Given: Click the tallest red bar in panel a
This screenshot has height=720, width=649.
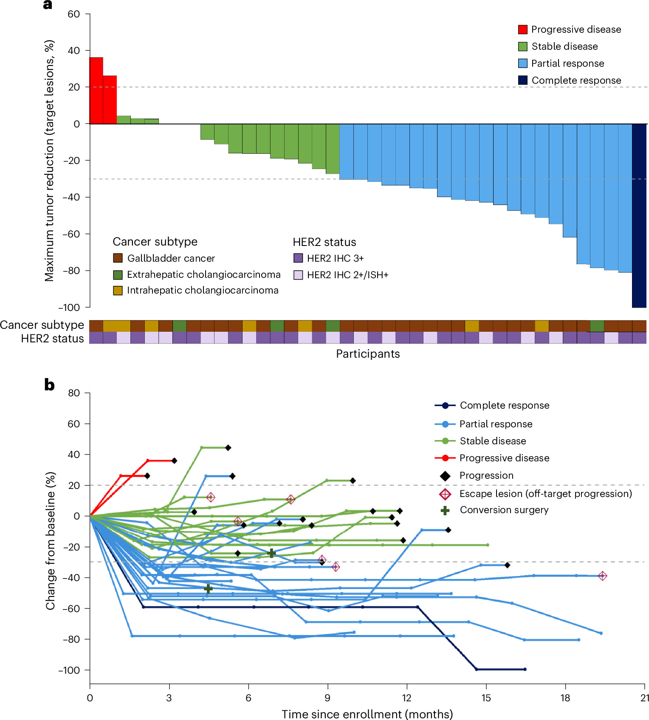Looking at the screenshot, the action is click(x=96, y=90).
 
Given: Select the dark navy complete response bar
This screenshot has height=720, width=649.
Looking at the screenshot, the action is click(x=639, y=215).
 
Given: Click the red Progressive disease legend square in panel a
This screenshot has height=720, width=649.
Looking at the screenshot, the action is click(x=523, y=29).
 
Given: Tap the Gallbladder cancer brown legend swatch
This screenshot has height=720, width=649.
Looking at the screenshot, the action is click(x=118, y=258).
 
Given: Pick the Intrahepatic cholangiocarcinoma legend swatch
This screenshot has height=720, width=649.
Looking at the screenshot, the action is click(x=118, y=290).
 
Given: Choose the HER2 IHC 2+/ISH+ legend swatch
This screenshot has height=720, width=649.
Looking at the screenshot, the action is click(x=298, y=275).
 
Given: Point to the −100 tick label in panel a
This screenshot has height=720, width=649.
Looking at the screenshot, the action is click(x=69, y=307).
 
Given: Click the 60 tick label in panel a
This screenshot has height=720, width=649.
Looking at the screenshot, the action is click(x=73, y=14).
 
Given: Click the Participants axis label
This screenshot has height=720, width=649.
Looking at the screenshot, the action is click(x=368, y=354).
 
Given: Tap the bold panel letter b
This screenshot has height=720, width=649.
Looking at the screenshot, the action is click(x=49, y=384).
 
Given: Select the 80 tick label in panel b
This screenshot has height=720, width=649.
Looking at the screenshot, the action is click(x=74, y=393).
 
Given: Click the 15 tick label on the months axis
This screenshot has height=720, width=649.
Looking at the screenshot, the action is click(x=486, y=698).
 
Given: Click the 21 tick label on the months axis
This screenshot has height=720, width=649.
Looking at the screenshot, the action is click(x=645, y=698).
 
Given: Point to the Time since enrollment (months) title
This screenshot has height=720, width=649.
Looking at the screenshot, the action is click(x=367, y=714).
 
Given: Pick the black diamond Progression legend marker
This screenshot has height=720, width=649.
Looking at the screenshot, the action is click(x=445, y=475).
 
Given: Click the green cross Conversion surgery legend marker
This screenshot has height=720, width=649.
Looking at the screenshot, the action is click(x=445, y=510).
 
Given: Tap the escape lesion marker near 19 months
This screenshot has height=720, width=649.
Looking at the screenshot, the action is click(x=602, y=576).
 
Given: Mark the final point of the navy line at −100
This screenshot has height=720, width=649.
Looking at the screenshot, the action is click(x=525, y=669).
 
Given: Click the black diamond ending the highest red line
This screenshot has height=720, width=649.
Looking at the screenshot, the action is click(x=174, y=460).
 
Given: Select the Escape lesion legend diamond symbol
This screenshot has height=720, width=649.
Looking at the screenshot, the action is click(x=445, y=494).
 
